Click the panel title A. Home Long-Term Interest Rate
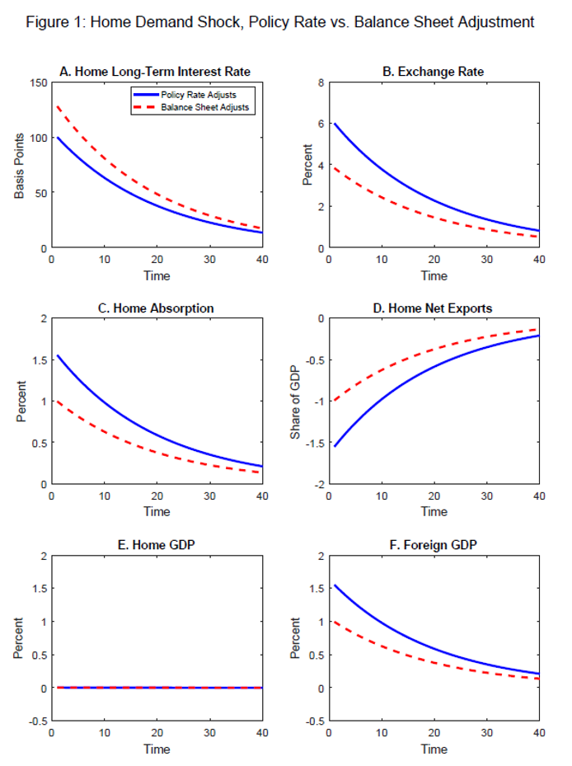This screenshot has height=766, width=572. (157, 72)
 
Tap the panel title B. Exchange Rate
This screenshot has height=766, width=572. (434, 72)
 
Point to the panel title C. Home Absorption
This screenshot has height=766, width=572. (157, 308)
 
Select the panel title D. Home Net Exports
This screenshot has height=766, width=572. (434, 308)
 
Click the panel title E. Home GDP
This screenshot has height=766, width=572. (157, 544)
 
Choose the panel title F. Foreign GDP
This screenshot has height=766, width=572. (434, 544)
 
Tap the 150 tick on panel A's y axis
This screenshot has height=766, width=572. (37, 82)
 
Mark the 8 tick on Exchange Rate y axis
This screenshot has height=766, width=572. (322, 82)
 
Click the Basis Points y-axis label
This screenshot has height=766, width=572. (19, 166)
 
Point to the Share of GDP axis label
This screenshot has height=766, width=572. (296, 402)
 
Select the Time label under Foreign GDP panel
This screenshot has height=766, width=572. (434, 749)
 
